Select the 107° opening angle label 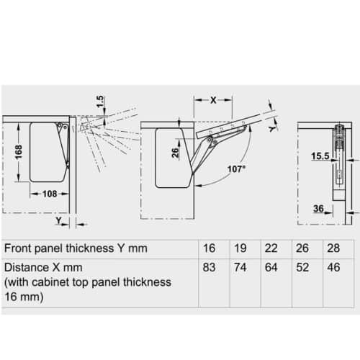point(235,170)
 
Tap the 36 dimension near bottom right point(318,209)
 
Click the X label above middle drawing point(213,100)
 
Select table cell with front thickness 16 point(210,248)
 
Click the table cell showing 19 point(240,248)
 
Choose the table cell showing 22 point(271,248)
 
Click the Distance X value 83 point(210,269)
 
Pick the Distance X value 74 point(240,269)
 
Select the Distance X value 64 point(271,269)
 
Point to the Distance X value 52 point(303,269)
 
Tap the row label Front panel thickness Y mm point(76,248)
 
